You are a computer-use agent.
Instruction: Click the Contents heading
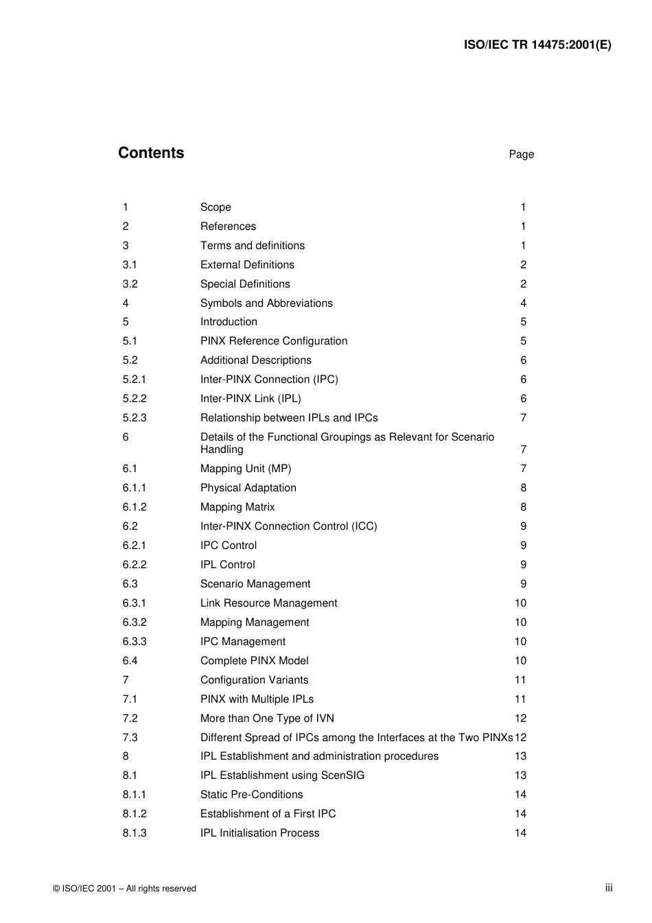click(x=151, y=153)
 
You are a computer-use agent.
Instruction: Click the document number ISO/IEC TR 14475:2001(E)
click(x=537, y=45)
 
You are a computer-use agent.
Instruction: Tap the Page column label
click(x=521, y=154)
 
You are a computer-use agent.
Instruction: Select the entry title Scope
click(x=216, y=207)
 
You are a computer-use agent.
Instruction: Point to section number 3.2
click(x=130, y=284)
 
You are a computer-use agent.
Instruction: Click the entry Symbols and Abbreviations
click(x=266, y=303)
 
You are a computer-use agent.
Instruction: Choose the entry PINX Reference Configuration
click(x=274, y=341)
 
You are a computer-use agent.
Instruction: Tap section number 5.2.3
click(x=135, y=418)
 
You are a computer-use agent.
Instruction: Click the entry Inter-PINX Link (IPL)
click(x=251, y=399)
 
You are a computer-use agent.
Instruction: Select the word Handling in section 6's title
click(x=222, y=449)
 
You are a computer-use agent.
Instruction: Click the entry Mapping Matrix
click(x=237, y=507)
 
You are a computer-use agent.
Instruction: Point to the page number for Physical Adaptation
click(x=523, y=488)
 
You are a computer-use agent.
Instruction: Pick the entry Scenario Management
click(x=255, y=584)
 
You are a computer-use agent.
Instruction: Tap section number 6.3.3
click(x=135, y=642)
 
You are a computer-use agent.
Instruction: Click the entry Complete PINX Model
click(x=254, y=661)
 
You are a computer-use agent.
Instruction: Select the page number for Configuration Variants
click(x=520, y=680)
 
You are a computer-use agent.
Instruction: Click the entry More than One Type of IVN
click(x=267, y=718)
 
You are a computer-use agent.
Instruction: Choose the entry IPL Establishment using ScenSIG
click(x=282, y=775)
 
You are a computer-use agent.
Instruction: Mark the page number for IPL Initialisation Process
click(x=520, y=833)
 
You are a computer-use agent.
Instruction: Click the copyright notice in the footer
click(x=124, y=889)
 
